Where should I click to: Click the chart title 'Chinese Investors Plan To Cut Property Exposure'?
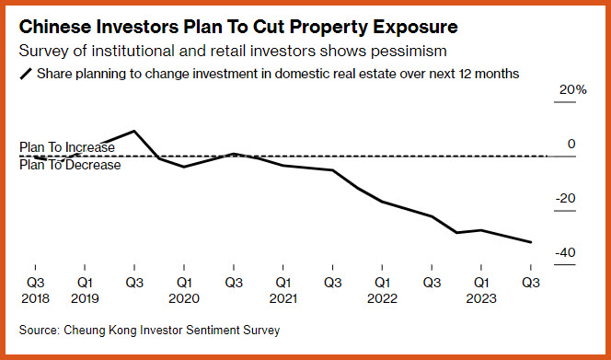(x=238, y=28)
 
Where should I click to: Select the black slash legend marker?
(x=26, y=74)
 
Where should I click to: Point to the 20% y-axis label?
(x=572, y=90)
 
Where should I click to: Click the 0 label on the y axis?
(x=571, y=144)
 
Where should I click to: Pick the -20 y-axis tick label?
(x=565, y=199)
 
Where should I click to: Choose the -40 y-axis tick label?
(x=565, y=253)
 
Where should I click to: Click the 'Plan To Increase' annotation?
(x=67, y=147)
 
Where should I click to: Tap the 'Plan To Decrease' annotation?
(x=70, y=165)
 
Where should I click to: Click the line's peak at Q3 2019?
(x=134, y=131)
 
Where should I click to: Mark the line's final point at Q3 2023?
(x=531, y=242)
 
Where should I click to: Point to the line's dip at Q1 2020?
(x=184, y=167)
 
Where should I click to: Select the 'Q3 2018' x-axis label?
(x=36, y=290)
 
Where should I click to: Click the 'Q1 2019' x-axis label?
(x=85, y=290)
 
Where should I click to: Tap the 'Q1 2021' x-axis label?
(x=283, y=290)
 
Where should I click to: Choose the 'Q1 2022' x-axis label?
(x=382, y=290)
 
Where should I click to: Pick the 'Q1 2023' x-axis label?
(x=481, y=290)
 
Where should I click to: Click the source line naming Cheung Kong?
(x=150, y=331)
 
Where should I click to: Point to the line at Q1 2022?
(x=382, y=202)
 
